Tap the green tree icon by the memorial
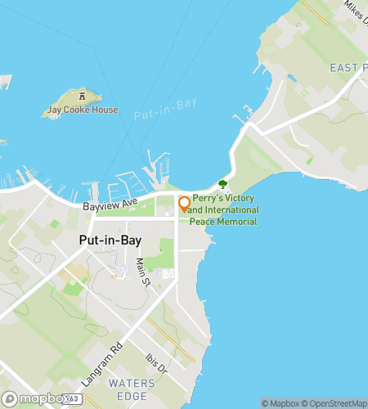click(222, 185)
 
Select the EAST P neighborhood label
click(348, 66)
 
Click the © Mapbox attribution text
click(279, 402)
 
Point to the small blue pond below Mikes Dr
click(291, 79)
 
